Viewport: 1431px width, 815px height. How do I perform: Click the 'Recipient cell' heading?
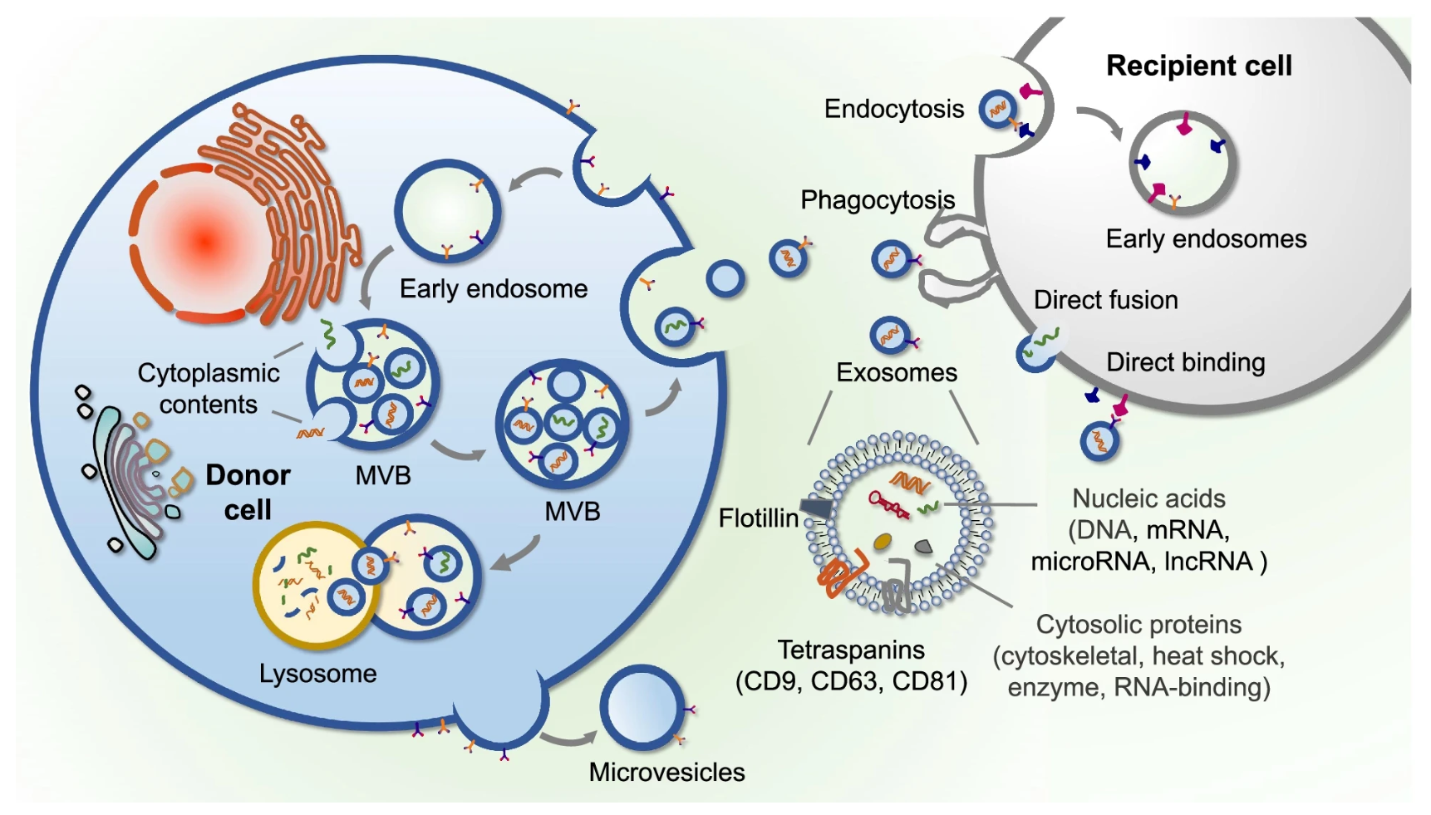click(x=1198, y=66)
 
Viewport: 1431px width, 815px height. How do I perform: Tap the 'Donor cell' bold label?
click(x=248, y=492)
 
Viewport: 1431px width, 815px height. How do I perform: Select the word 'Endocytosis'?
click(x=894, y=109)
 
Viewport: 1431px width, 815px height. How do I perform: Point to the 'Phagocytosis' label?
click(x=878, y=200)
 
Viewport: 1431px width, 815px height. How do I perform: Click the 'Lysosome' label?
click(x=317, y=673)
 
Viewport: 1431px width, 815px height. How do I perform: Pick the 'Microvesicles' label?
click(x=666, y=772)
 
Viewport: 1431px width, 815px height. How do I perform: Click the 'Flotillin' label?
click(x=758, y=518)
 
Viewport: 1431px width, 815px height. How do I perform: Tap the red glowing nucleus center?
click(x=204, y=241)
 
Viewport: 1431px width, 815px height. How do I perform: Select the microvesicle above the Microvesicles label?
click(x=642, y=707)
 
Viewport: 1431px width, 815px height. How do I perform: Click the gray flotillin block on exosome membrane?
click(x=815, y=507)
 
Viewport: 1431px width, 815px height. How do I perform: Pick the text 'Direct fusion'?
click(x=1105, y=300)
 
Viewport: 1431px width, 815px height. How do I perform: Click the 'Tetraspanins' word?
click(x=851, y=650)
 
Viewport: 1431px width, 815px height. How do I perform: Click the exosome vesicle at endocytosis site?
click(x=998, y=109)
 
